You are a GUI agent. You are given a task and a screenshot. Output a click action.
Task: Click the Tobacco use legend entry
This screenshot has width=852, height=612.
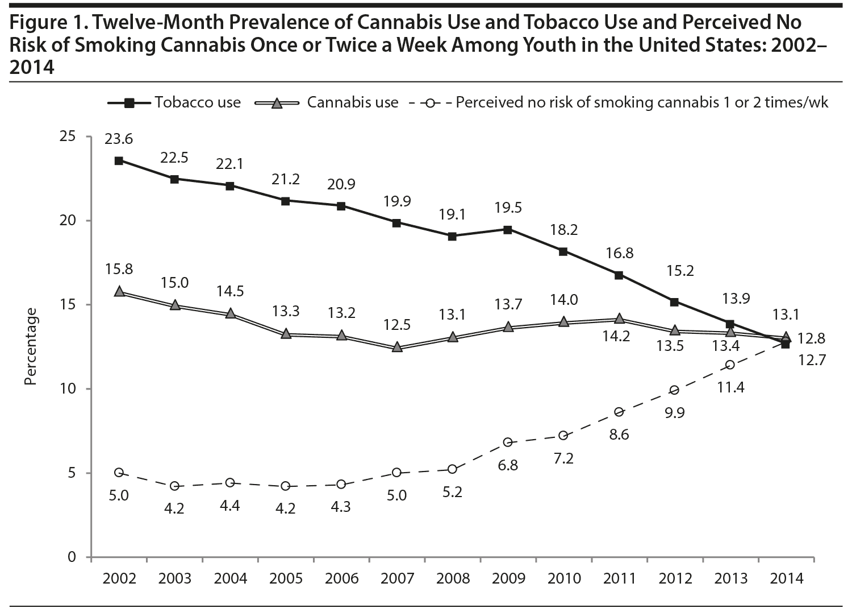point(174,103)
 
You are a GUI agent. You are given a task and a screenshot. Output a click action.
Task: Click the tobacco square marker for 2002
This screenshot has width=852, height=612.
point(119,160)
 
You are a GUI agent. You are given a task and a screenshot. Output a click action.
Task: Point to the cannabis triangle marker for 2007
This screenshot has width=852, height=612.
point(397,346)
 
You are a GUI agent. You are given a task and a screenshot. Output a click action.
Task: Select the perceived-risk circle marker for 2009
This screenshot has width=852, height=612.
point(508,442)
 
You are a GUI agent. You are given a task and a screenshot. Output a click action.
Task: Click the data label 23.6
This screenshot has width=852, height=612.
point(119,139)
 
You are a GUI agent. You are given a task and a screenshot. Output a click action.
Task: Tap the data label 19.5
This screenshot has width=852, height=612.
point(508,208)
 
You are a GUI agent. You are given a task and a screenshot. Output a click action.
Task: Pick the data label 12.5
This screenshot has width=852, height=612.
point(397,325)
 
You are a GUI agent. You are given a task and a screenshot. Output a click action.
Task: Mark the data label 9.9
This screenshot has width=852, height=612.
point(674,412)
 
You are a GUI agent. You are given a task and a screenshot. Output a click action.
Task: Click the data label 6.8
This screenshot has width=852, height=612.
point(508,465)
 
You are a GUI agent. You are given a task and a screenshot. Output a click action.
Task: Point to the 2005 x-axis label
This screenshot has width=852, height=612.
point(286,579)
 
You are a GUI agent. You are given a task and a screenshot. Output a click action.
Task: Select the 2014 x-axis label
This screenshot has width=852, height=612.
point(787,579)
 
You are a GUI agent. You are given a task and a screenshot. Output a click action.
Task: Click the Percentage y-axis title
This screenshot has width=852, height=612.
point(31,347)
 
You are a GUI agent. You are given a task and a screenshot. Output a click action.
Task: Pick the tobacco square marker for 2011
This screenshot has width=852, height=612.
point(620,275)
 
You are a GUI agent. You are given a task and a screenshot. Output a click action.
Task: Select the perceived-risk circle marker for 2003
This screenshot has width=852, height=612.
point(174,486)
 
